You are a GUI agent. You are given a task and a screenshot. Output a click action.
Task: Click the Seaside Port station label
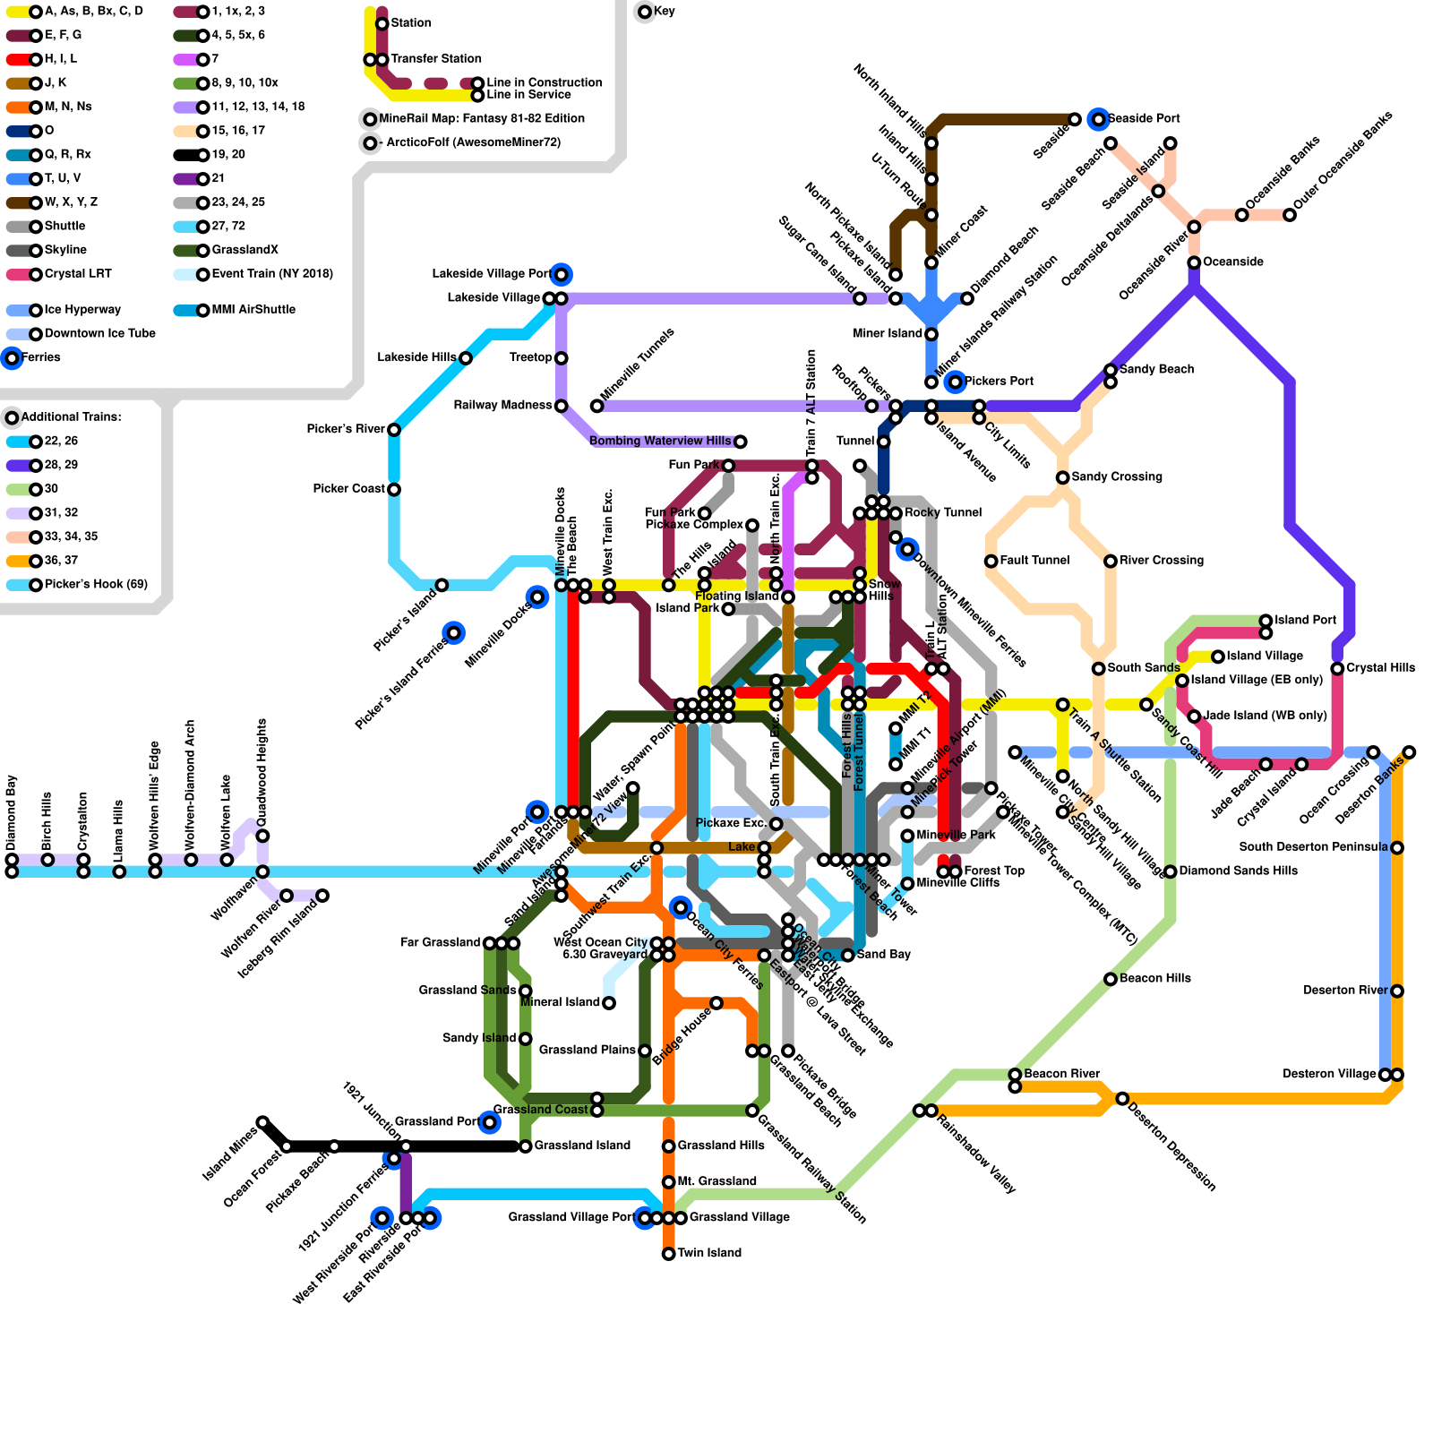pyautogui.click(x=1144, y=118)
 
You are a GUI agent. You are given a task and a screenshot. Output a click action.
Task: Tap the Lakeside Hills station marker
pyautogui.click(x=466, y=358)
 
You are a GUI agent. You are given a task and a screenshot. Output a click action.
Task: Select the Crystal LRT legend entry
pyautogui.click(x=77, y=274)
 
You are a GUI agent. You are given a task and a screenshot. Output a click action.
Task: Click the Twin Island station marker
pyautogui.click(x=668, y=1254)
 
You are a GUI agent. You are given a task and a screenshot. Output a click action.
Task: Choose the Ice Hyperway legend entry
pyautogui.click(x=82, y=310)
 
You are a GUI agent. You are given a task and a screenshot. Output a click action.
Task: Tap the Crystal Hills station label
pyautogui.click(x=1380, y=668)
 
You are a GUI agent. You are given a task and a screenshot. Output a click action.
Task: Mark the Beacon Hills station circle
pyautogui.click(x=1111, y=979)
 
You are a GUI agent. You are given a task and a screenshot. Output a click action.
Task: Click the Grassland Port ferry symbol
pyautogui.click(x=489, y=1122)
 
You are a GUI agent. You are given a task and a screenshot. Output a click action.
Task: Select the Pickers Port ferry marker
pyautogui.click(x=956, y=382)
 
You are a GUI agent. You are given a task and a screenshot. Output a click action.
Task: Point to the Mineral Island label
pyautogui.click(x=560, y=1002)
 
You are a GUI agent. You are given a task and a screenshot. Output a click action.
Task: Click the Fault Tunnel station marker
pyautogui.click(x=991, y=562)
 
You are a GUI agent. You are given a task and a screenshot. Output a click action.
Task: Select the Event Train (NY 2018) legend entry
pyautogui.click(x=271, y=274)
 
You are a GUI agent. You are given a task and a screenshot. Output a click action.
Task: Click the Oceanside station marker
pyautogui.click(x=1194, y=262)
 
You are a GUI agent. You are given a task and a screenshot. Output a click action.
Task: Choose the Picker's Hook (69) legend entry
pyautogui.click(x=95, y=585)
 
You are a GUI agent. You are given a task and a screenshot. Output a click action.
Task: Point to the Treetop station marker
pyautogui.click(x=562, y=358)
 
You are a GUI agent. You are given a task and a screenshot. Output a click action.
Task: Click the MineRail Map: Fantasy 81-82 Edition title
pyautogui.click(x=482, y=118)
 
